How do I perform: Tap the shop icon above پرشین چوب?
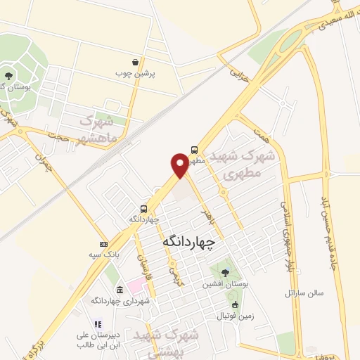coord(136,62)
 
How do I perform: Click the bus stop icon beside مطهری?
coord(194,149)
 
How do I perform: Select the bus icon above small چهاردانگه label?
coord(143,208)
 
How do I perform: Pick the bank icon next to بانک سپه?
coord(104,243)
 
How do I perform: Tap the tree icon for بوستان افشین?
coord(224,273)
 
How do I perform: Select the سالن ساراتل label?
coord(302,292)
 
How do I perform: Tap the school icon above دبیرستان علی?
coord(98,324)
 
